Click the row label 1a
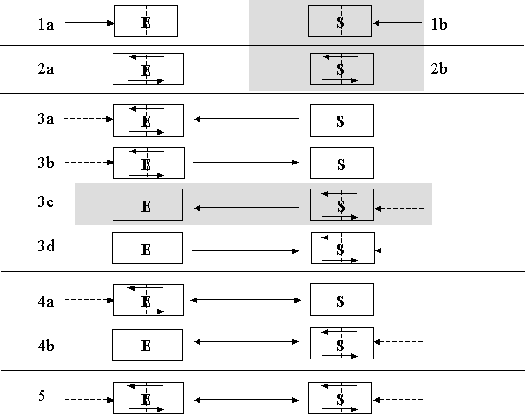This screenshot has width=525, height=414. (45, 24)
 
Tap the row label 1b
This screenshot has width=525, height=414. (438, 24)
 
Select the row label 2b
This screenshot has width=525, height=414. (438, 68)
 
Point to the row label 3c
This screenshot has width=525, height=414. (45, 201)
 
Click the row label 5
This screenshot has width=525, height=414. (42, 396)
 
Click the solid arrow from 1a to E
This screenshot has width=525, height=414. (89, 23)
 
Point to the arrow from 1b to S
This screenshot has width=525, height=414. (397, 23)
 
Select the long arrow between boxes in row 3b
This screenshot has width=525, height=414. (245, 163)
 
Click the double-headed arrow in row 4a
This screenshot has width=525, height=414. (245, 300)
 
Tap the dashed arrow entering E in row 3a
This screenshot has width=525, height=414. (89, 119)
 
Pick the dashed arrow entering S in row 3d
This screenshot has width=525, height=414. (400, 250)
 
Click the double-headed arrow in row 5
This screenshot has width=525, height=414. (246, 400)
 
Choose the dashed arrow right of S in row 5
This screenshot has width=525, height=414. (398, 399)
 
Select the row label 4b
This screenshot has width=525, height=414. (45, 346)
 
